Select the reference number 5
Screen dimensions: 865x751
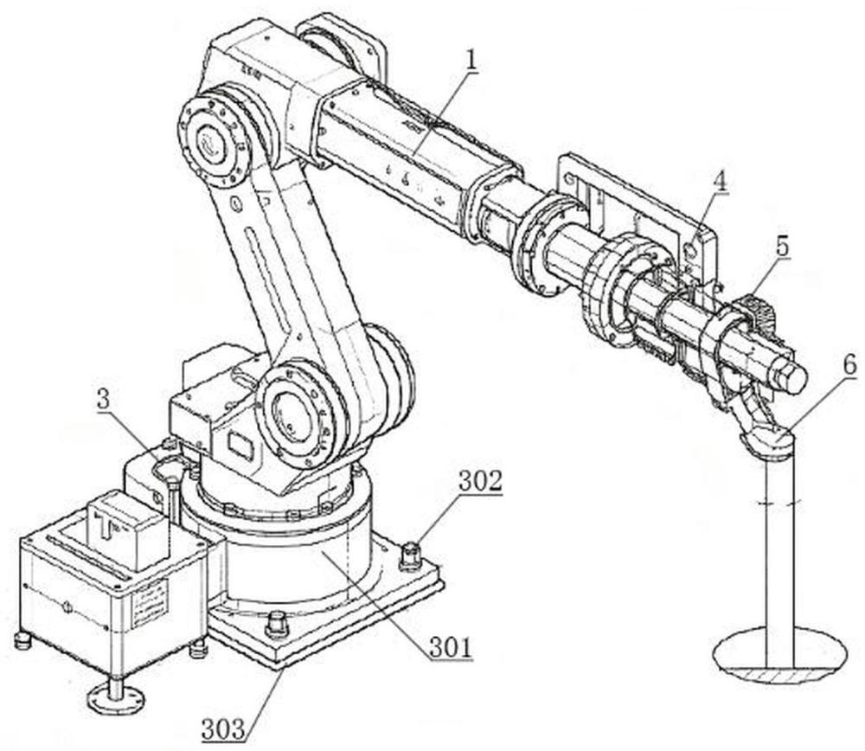(x=782, y=248)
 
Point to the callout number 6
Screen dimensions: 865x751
(x=850, y=366)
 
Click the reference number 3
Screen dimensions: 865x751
(x=103, y=401)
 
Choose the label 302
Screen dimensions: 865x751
(x=480, y=482)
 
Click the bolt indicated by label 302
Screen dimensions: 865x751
(x=409, y=555)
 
